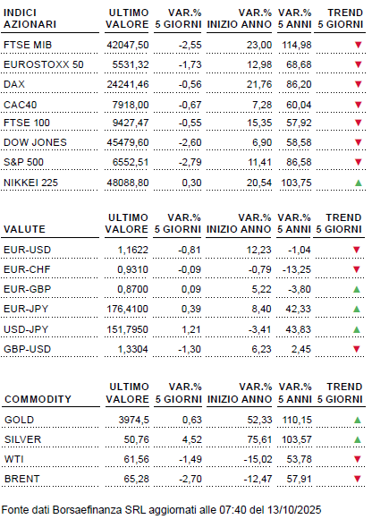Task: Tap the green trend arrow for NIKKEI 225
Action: (x=358, y=184)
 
